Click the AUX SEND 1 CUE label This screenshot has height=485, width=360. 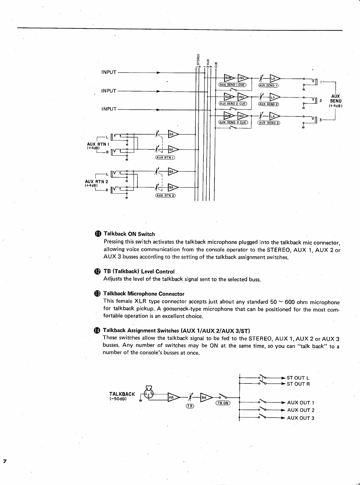point(232,85)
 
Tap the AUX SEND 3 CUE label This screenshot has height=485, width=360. point(232,122)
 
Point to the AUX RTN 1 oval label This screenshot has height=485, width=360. point(165,158)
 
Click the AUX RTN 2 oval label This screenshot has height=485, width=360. point(165,195)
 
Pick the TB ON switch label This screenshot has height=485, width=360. point(222,403)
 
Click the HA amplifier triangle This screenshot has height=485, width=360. point(173,397)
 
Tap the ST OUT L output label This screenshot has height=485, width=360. point(298,378)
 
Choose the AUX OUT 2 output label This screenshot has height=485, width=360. point(301,410)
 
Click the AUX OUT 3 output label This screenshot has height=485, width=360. point(301,418)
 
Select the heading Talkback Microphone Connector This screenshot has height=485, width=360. point(144,294)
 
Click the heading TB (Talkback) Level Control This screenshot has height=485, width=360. point(139,271)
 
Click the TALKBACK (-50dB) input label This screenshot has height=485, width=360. point(122,396)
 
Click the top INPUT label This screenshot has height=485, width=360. point(109,72)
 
